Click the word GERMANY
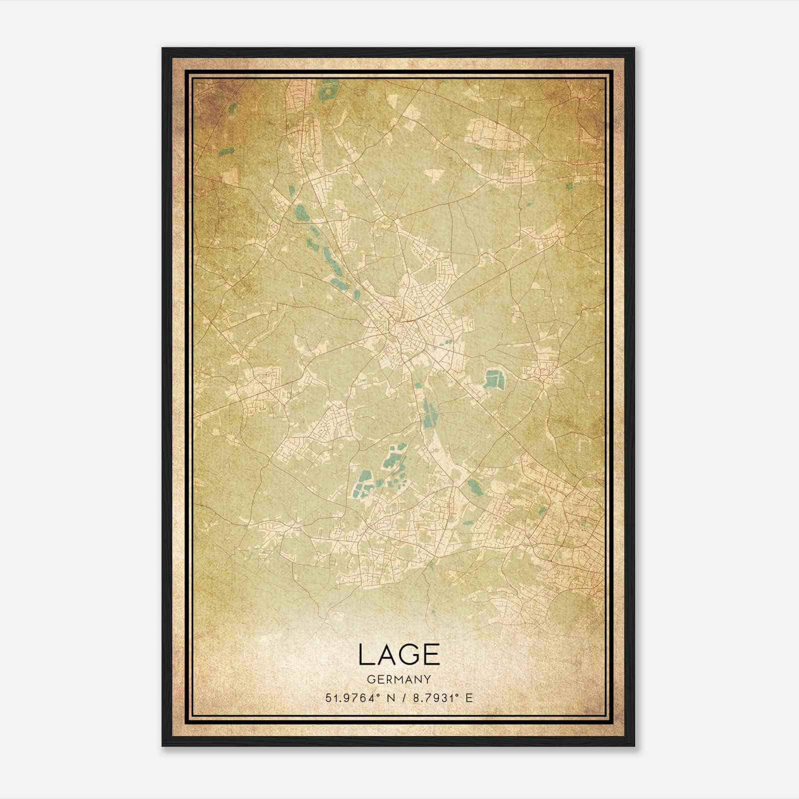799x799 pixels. pos(399,679)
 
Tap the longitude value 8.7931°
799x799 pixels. pos(434,698)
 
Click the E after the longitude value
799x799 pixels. pos(468,698)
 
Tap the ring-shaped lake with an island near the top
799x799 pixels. pos(327,92)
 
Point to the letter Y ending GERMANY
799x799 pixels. pos(427,679)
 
